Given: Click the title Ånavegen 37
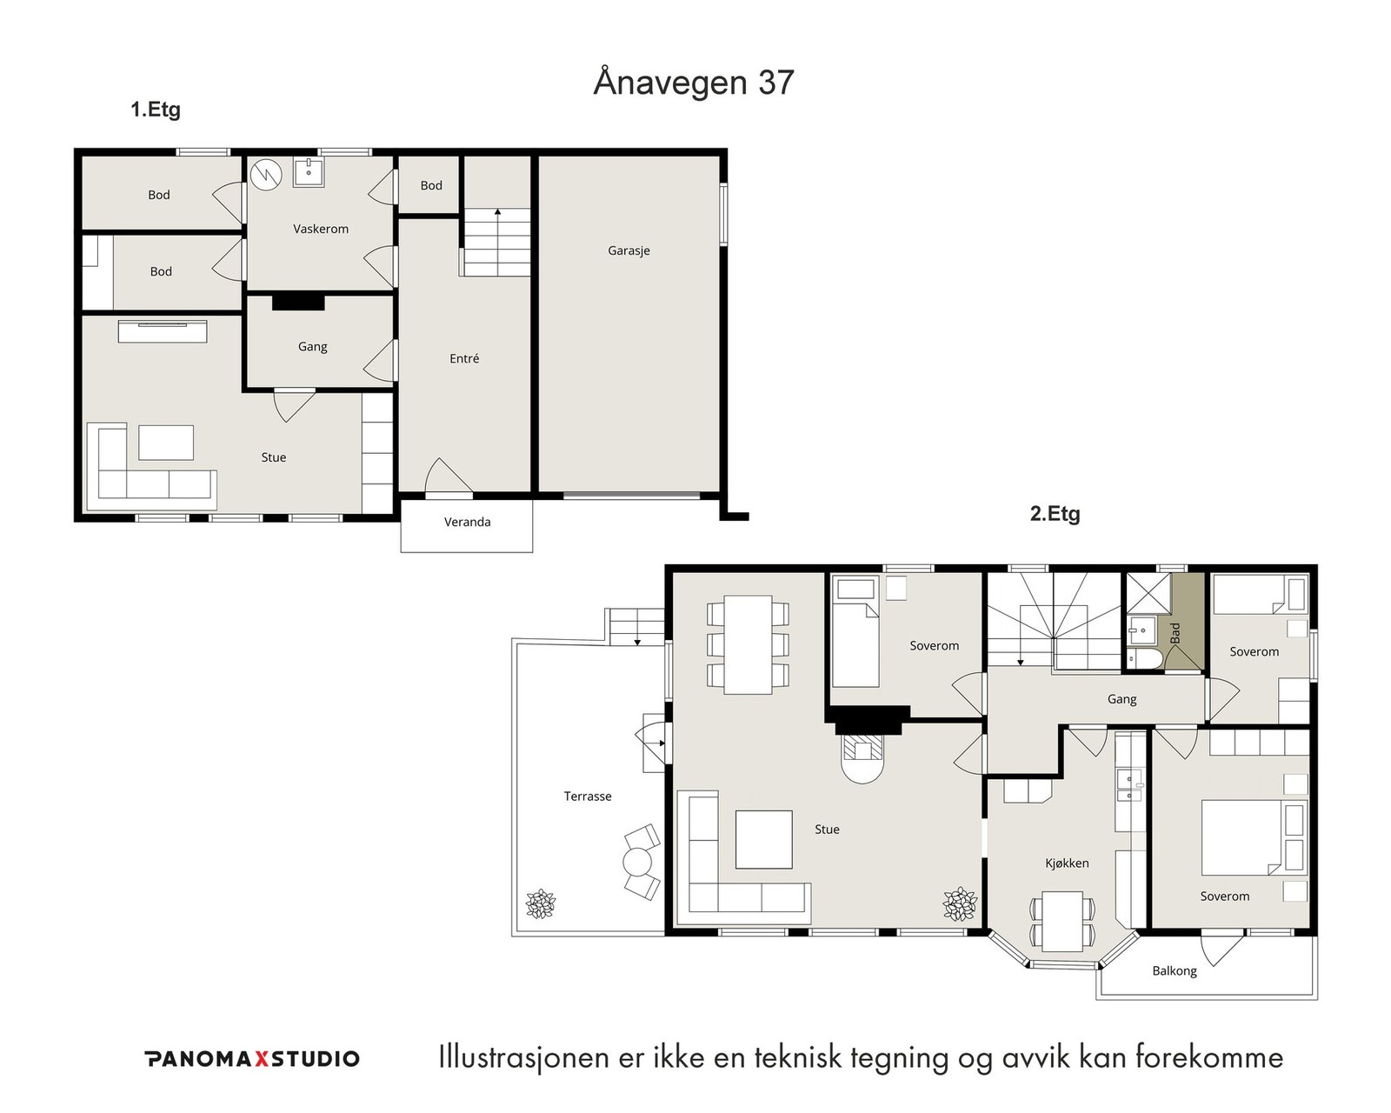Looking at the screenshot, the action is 694,83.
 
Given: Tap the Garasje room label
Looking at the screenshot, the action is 629,251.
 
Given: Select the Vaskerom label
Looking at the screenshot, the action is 321,229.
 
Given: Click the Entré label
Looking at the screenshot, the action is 464,358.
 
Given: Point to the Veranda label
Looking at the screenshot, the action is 467,522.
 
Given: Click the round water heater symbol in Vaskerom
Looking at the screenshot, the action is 266,174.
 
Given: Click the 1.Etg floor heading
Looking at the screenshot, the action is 156,110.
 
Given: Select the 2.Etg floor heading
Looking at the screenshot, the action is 1055,514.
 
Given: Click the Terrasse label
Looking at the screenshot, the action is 587,796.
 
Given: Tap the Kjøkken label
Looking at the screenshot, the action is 1067,863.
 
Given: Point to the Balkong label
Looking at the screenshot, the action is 1174,971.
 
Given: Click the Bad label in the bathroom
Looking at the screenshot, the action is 1175,632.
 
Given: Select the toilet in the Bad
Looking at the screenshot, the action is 1146,659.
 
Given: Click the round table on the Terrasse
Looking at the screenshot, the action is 637,862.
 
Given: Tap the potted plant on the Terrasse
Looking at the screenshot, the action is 541,903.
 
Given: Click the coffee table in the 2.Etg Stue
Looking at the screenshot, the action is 763,839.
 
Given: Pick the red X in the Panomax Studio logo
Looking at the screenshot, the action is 261,1059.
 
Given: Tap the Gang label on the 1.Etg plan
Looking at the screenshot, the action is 312,347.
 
